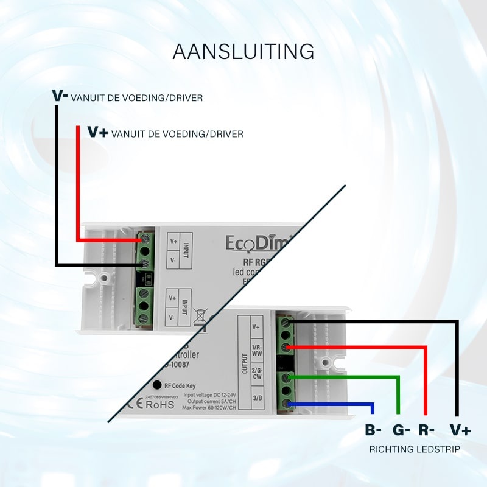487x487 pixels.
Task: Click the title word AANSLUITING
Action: tap(243, 52)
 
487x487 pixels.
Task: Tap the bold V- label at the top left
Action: tap(60, 96)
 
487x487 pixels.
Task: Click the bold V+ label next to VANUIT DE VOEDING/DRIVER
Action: tap(98, 132)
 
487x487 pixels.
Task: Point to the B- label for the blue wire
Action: tap(373, 430)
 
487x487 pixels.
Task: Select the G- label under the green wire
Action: tap(401, 430)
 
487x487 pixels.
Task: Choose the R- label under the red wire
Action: tap(427, 430)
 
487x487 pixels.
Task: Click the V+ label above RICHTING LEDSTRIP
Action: tap(460, 430)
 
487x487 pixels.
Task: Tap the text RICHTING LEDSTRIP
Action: tap(414, 450)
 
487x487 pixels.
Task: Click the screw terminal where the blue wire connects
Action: tap(287, 404)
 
